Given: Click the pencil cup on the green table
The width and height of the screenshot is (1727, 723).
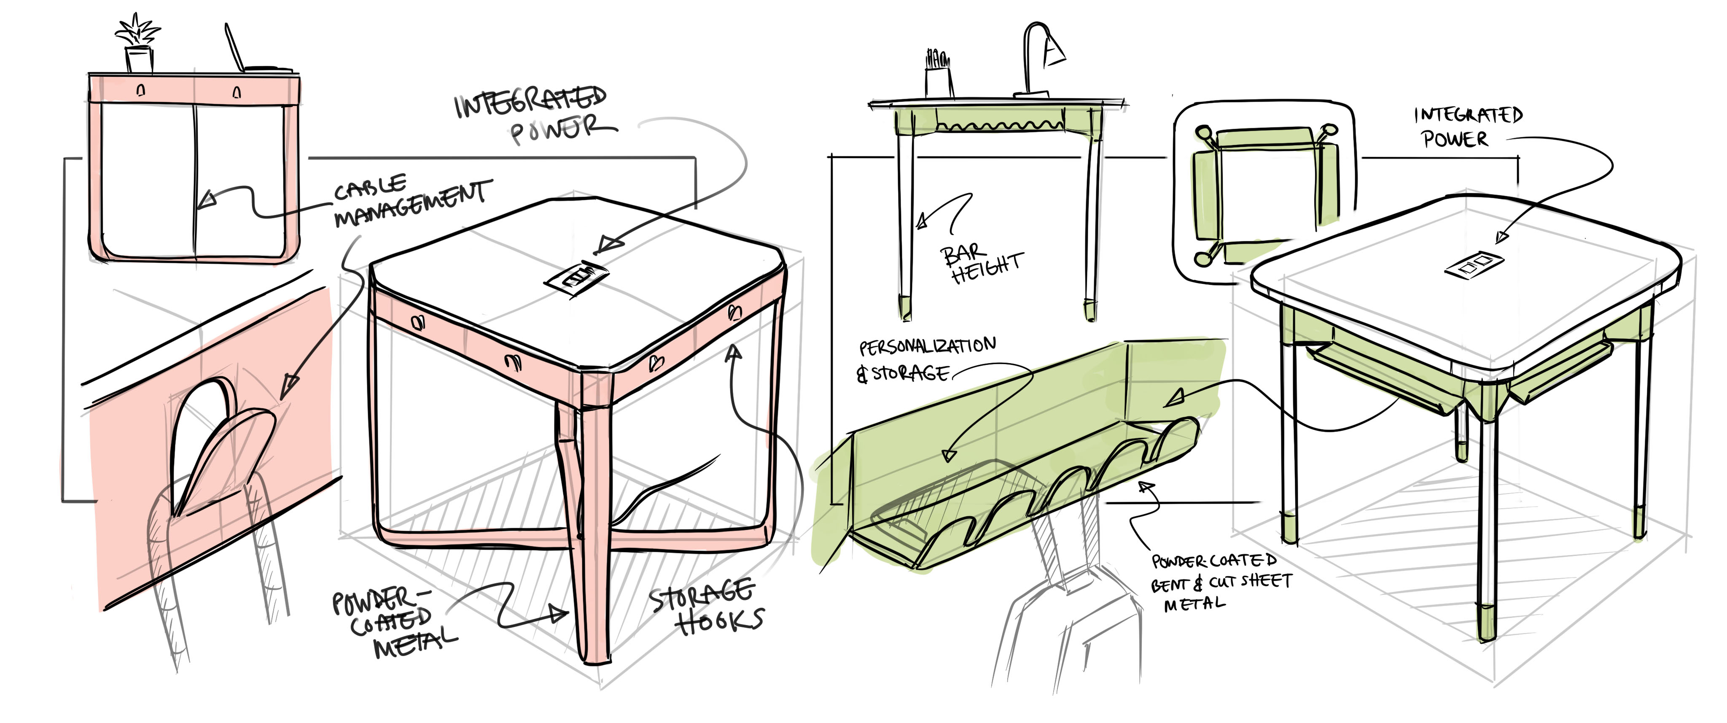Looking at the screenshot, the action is [937, 74].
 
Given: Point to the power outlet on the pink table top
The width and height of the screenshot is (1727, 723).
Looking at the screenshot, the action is [578, 276].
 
